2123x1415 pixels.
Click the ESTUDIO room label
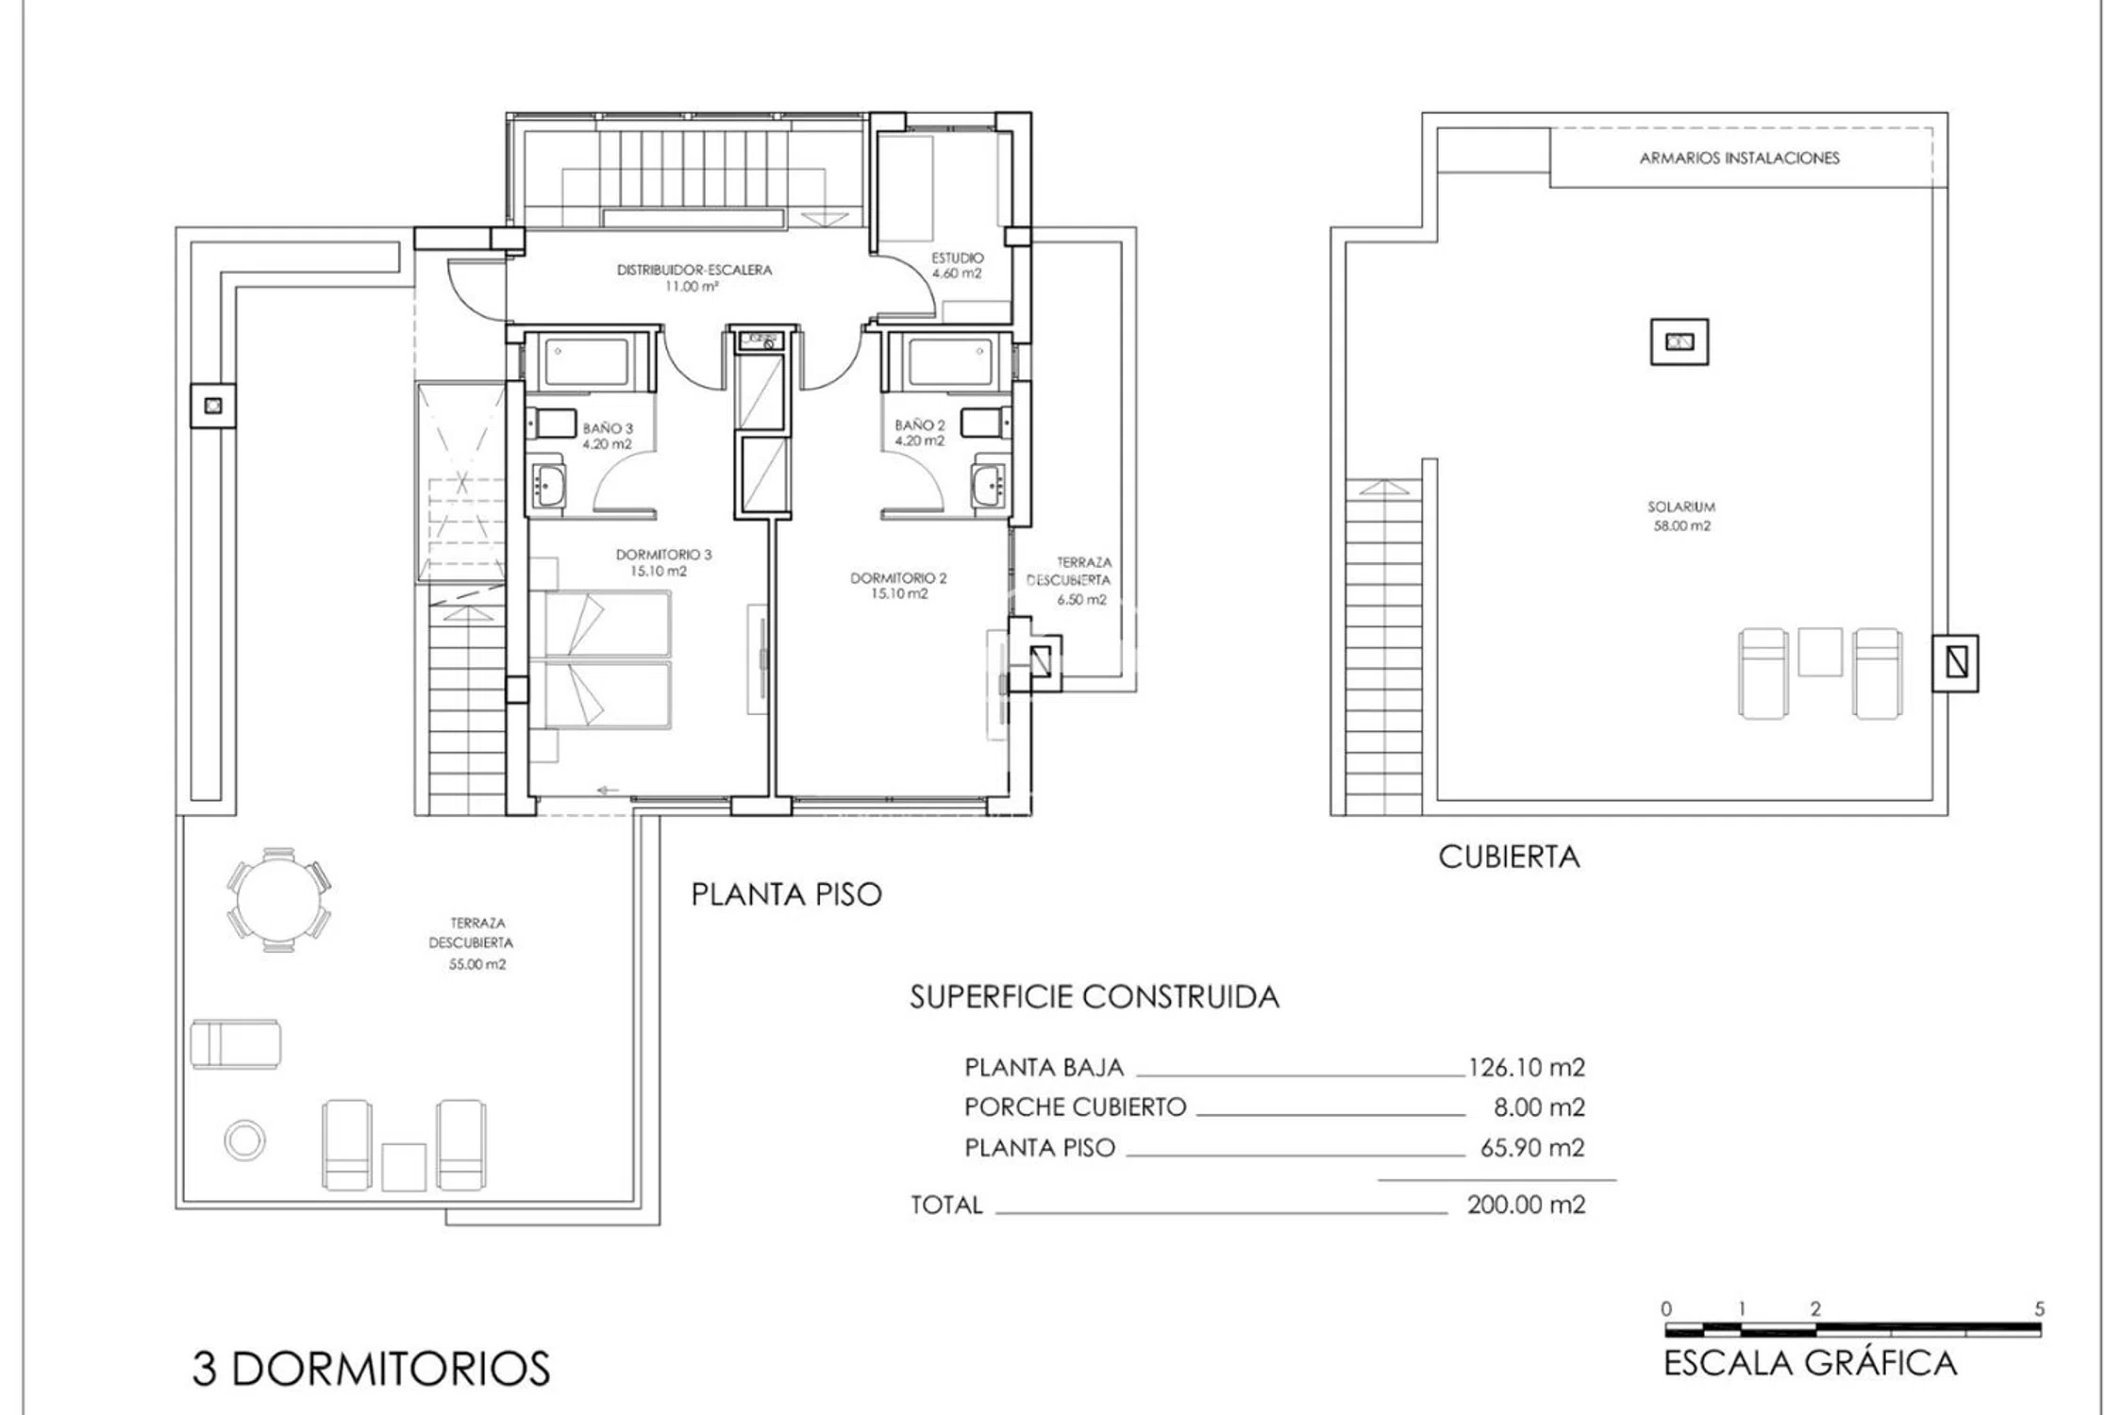click(x=957, y=258)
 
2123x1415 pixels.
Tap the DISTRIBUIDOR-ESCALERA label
click(x=694, y=270)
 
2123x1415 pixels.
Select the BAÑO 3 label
click(x=608, y=428)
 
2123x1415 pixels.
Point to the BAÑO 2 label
click(x=919, y=425)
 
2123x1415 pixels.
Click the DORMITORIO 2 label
click(x=897, y=578)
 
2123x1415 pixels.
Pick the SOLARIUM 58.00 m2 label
click(x=1681, y=516)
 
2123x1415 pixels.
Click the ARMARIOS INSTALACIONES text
click(x=1739, y=158)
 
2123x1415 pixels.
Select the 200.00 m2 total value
click(x=1526, y=1205)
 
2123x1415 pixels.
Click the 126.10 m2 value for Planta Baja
click(x=1526, y=1067)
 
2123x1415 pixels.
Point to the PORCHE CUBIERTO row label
click(x=1075, y=1107)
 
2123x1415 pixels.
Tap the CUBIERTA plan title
click(x=1509, y=857)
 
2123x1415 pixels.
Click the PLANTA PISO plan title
click(x=786, y=894)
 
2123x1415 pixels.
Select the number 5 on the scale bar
click(x=2039, y=1309)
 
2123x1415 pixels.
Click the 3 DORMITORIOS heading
click(x=371, y=1369)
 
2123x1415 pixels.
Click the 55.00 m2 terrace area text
click(x=477, y=964)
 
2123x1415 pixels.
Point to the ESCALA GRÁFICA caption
click(x=1810, y=1364)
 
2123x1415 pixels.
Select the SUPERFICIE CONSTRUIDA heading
click(x=1095, y=997)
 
